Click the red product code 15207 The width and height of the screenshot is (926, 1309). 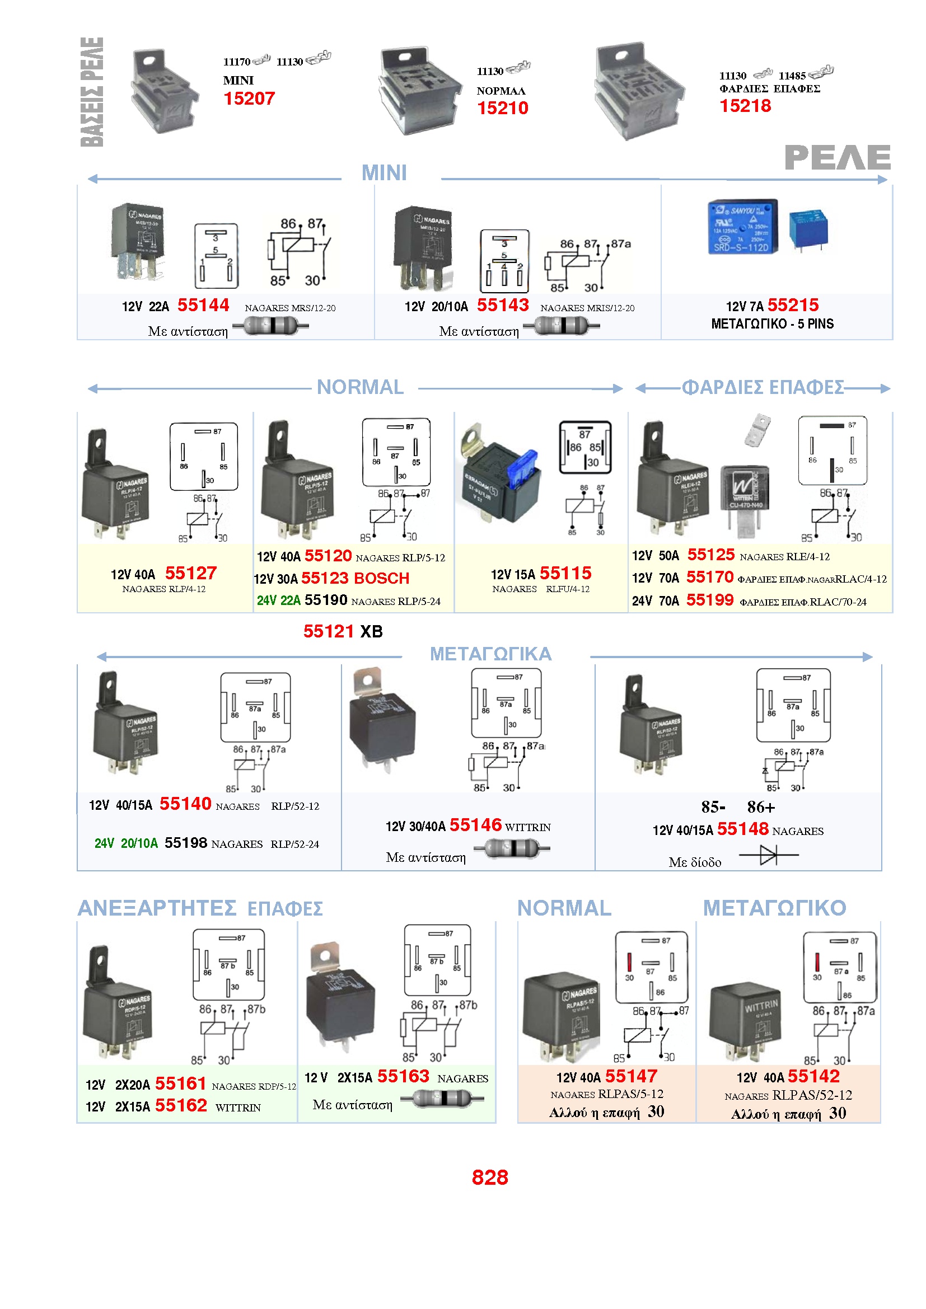249,98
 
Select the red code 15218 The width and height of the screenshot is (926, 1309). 745,105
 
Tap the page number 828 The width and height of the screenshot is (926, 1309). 489,1177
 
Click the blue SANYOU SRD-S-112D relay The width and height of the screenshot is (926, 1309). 742,227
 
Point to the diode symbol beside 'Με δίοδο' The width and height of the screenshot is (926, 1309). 768,855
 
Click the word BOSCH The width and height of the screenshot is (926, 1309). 381,578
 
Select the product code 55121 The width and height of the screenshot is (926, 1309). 329,631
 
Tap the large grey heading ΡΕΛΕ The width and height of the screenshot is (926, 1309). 837,157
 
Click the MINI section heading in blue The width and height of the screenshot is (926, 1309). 384,173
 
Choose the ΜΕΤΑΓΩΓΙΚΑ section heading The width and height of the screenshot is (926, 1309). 490,653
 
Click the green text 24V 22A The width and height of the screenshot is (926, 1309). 278,600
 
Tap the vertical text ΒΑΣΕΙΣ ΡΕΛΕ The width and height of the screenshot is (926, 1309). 92,92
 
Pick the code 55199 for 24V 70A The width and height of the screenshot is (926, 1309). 709,600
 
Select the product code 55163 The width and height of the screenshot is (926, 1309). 403,1076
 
